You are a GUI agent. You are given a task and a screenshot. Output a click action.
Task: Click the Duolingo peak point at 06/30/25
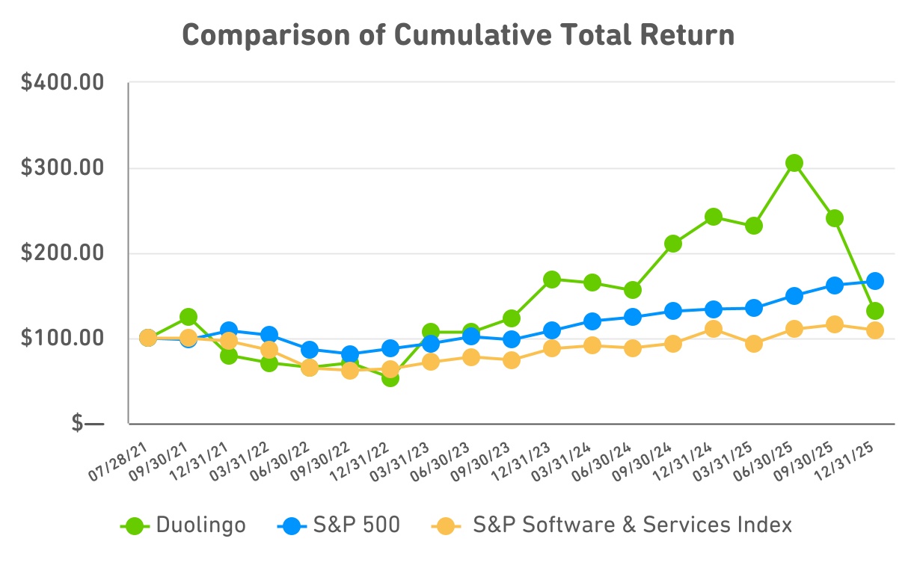[794, 163]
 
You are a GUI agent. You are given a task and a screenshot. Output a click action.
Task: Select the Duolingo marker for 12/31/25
[875, 311]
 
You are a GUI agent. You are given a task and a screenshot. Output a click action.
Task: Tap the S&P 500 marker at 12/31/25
[875, 281]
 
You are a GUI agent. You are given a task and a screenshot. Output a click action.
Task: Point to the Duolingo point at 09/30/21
[188, 318]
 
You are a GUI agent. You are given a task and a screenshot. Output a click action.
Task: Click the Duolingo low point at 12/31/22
[390, 377]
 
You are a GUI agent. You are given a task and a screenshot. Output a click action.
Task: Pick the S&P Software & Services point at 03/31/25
[754, 344]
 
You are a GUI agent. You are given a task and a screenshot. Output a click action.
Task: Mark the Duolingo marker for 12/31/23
[552, 280]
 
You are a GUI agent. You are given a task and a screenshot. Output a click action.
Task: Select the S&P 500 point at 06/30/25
[794, 296]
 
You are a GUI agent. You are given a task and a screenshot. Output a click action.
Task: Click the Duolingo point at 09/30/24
[673, 244]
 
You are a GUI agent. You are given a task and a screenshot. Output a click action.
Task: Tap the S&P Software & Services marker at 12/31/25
[875, 330]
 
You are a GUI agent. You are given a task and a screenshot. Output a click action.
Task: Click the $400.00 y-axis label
[62, 83]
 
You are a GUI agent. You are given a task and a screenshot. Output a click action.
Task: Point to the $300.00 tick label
[62, 168]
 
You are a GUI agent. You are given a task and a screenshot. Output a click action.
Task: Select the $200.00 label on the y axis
[62, 253]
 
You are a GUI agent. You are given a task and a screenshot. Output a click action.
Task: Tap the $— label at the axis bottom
[88, 424]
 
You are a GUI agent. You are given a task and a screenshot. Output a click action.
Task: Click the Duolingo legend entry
[183, 525]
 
